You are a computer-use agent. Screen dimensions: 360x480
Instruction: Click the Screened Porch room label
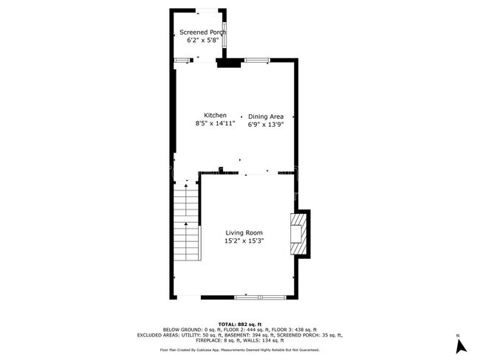pyautogui.click(x=202, y=32)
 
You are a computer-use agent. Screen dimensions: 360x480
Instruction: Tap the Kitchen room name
pyautogui.click(x=215, y=116)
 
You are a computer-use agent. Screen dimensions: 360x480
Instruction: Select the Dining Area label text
pyautogui.click(x=266, y=117)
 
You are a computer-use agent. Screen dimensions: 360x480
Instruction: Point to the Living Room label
pyautogui.click(x=244, y=233)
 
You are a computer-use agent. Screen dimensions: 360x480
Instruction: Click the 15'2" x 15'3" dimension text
pyautogui.click(x=244, y=241)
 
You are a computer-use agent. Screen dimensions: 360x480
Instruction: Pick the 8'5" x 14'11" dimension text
pyautogui.click(x=215, y=124)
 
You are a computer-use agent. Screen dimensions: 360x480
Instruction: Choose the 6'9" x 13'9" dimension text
pyautogui.click(x=266, y=125)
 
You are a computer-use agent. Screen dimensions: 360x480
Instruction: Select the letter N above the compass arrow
pyautogui.click(x=459, y=336)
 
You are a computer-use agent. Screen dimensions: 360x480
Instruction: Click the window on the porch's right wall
pyautogui.click(x=225, y=35)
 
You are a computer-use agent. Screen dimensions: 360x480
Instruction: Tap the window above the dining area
pyautogui.click(x=256, y=60)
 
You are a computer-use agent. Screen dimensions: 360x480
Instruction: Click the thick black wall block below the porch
pyautogui.click(x=229, y=64)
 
